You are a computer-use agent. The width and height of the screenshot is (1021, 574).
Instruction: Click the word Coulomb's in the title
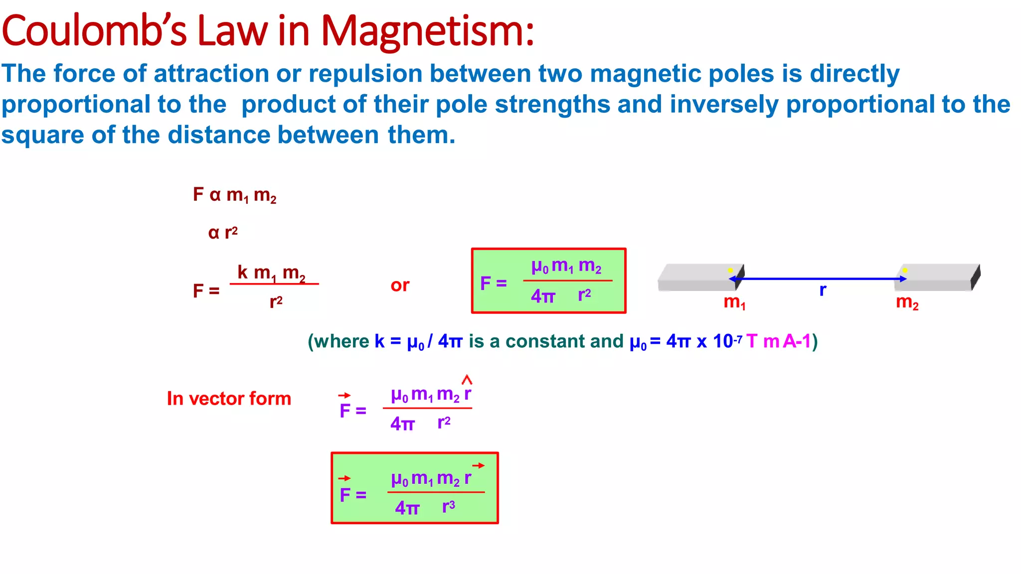tap(95, 31)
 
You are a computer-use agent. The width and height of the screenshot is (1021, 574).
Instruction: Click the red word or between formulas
tap(400, 286)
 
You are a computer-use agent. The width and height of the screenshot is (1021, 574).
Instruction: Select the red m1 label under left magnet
tap(734, 302)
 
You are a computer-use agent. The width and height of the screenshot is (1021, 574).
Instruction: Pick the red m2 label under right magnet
tap(907, 302)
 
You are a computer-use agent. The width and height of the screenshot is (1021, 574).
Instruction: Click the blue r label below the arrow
tap(823, 290)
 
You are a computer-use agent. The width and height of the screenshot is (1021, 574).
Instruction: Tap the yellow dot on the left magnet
tap(730, 270)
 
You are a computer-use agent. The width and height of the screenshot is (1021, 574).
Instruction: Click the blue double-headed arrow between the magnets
tap(818, 279)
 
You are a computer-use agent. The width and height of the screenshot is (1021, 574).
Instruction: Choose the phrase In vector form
tap(229, 399)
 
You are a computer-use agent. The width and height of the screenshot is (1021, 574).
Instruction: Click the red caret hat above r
tap(467, 380)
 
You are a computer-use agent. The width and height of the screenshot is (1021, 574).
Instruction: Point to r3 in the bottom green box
tap(449, 507)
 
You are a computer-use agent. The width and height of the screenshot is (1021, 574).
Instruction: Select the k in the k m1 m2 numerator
tap(243, 272)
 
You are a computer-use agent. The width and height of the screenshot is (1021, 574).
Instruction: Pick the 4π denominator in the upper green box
tap(543, 296)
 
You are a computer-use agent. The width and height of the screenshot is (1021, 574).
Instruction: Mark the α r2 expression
tap(223, 233)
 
